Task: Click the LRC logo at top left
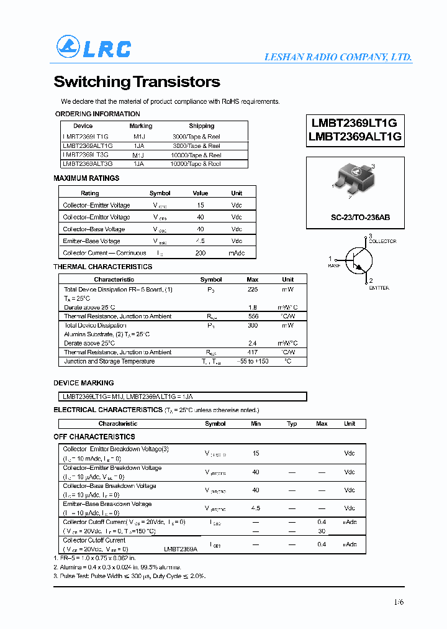point(94,47)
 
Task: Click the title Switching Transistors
point(137,81)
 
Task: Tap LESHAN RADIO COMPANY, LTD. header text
point(338,57)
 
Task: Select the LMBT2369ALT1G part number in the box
point(355,137)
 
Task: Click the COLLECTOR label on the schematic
point(382,241)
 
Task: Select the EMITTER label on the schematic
point(379,288)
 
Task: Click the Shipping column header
point(202,126)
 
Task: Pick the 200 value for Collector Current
point(201,253)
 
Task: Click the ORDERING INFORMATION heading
point(97,114)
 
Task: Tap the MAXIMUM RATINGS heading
point(86,178)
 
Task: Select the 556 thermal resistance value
point(253,316)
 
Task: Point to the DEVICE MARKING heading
point(84,383)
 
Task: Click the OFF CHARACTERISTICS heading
point(94,437)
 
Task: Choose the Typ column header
point(292,424)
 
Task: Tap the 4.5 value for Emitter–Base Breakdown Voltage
point(255,508)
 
